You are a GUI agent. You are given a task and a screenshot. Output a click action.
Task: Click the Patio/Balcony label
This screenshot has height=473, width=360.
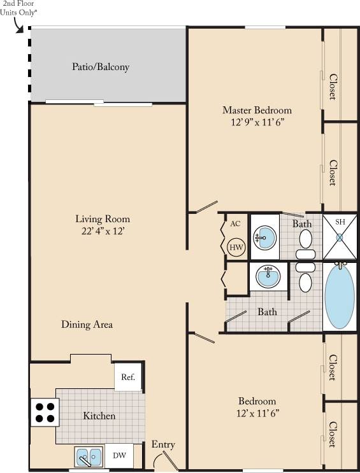click(101, 67)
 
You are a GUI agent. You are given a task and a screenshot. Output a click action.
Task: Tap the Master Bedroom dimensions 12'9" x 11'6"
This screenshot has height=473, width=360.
click(257, 122)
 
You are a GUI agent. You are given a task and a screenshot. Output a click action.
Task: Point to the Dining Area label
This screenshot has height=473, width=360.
click(87, 325)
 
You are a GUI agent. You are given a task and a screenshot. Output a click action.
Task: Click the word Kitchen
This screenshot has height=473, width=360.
click(99, 416)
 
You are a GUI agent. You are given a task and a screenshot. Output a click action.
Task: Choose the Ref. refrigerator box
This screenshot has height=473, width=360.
click(127, 377)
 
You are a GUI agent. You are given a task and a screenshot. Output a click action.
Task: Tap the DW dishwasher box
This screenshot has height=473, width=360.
click(119, 456)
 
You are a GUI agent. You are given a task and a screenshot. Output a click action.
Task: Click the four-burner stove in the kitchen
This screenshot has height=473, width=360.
click(44, 412)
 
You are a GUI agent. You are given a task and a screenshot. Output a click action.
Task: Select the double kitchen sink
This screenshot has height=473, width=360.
click(89, 456)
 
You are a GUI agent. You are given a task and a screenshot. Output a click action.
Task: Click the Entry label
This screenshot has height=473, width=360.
click(163, 444)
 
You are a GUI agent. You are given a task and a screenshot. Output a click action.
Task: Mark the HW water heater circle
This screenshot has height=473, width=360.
click(236, 247)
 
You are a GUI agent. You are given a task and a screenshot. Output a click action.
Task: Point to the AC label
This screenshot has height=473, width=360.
click(235, 223)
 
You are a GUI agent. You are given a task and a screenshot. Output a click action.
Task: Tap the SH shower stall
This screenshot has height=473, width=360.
click(340, 236)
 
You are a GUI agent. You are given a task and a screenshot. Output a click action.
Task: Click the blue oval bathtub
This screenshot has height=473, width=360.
click(340, 296)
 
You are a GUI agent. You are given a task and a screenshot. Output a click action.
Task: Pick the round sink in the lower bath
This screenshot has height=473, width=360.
click(268, 276)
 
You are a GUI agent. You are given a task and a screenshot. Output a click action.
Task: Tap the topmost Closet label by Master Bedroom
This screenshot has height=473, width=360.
click(332, 87)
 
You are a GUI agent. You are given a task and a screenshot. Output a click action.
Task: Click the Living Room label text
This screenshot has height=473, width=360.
click(103, 219)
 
